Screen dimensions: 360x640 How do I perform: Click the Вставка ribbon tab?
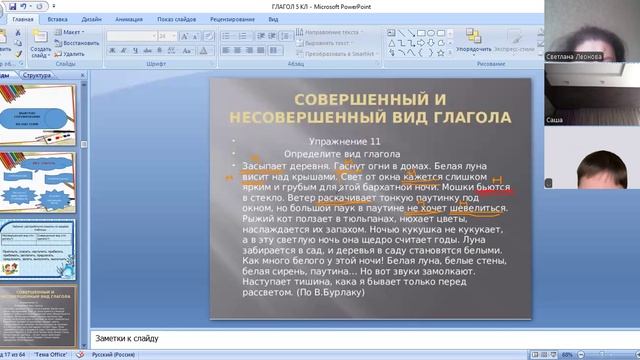point(57,18)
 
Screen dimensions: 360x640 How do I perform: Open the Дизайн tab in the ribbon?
point(92,18)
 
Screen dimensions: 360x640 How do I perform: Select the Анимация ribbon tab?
point(128,18)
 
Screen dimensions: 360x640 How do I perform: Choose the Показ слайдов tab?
point(176,18)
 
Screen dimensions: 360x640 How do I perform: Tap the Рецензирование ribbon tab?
point(232,18)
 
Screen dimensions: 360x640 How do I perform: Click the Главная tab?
point(21,18)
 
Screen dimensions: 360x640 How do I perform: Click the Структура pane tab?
point(37,75)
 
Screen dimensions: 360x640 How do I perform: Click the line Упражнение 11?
point(345,141)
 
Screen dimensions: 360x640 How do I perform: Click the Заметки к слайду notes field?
point(300,338)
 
